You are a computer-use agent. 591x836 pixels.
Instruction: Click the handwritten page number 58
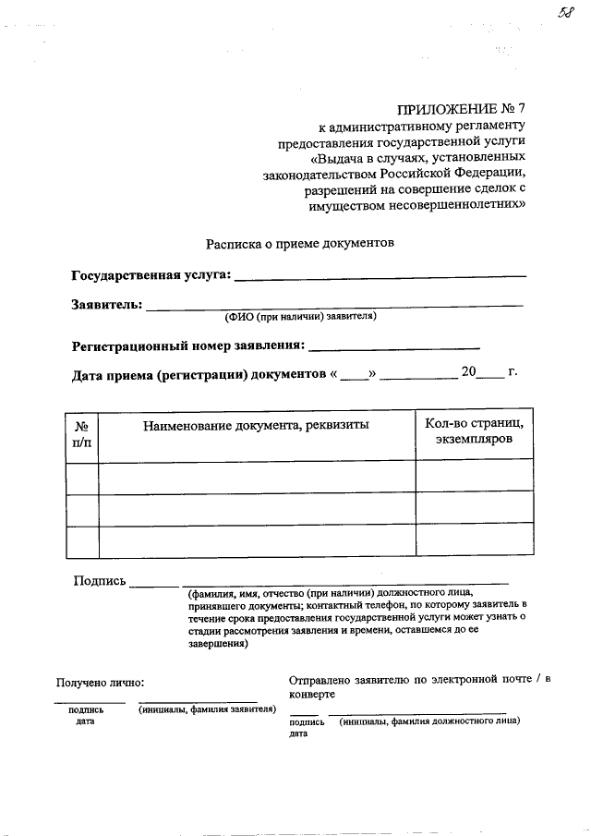(565, 12)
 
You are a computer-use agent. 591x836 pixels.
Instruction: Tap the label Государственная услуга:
(152, 275)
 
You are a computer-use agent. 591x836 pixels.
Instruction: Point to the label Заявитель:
(106, 303)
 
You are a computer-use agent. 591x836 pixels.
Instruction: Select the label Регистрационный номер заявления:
(188, 345)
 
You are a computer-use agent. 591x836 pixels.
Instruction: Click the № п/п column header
(81, 434)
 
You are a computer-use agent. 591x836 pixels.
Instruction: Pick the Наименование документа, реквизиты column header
(256, 425)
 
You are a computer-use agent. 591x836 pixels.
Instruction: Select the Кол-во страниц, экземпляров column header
(474, 432)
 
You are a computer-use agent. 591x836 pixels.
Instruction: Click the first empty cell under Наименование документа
(256, 475)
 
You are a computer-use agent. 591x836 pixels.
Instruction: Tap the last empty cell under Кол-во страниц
(474, 540)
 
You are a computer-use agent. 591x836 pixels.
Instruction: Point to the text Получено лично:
(101, 684)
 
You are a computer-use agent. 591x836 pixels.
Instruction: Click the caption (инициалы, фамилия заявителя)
(208, 710)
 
